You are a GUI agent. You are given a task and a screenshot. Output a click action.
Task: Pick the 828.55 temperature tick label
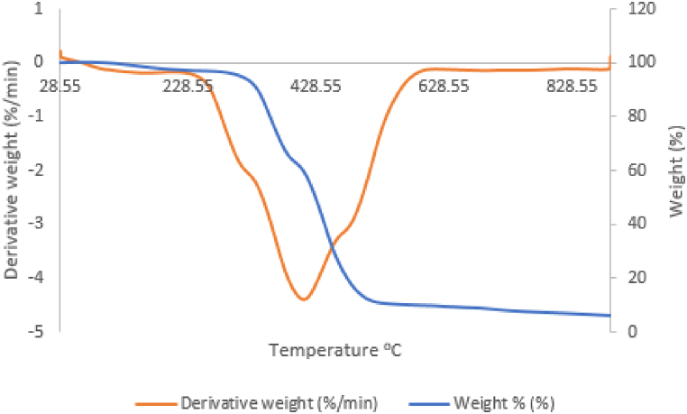[x=573, y=86]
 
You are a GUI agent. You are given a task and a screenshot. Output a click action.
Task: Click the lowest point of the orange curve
[x=304, y=299]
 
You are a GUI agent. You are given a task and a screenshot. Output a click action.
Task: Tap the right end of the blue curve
[x=610, y=315]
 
